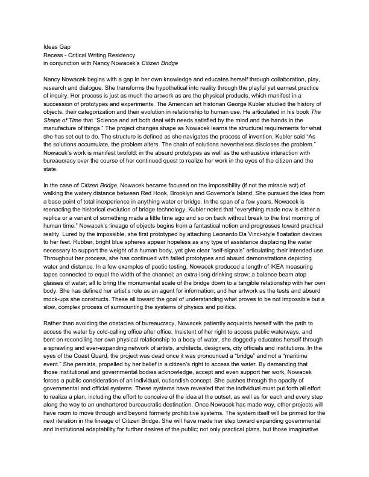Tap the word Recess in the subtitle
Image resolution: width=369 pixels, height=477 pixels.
(55, 55)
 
